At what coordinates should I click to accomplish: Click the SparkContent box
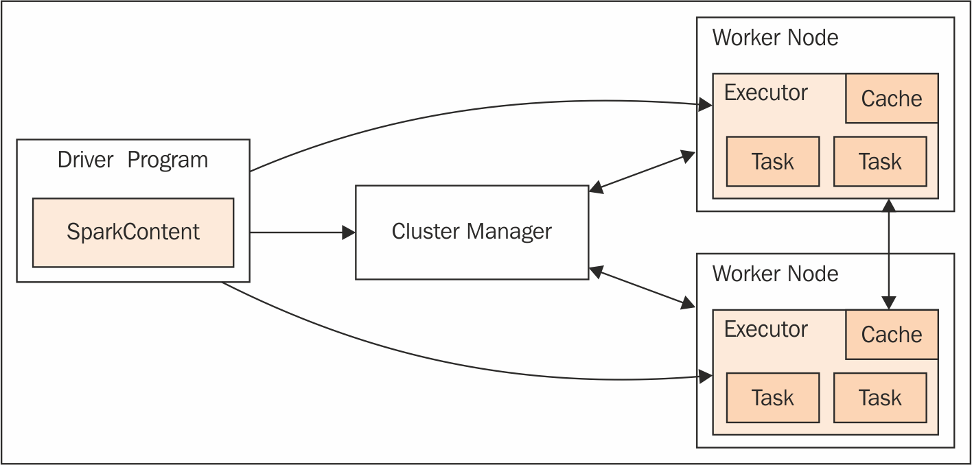click(x=133, y=232)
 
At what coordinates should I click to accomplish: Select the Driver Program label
click(x=132, y=160)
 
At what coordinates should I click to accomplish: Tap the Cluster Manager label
click(x=472, y=231)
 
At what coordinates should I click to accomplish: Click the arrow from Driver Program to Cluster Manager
click(x=303, y=232)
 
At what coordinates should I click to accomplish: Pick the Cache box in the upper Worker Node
click(x=892, y=98)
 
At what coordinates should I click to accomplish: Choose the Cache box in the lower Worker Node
click(x=892, y=335)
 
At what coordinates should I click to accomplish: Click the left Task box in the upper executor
click(x=773, y=162)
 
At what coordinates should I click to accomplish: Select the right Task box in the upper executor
click(x=880, y=162)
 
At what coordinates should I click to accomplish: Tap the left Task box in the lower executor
click(x=773, y=398)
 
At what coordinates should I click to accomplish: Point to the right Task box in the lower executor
click(x=880, y=398)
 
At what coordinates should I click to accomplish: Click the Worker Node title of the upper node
click(x=775, y=38)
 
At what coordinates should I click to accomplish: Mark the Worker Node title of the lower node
click(x=775, y=274)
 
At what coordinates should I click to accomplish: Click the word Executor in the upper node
click(x=766, y=93)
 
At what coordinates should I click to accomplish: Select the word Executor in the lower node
click(x=766, y=329)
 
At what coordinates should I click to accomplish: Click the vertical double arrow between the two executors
click(x=889, y=254)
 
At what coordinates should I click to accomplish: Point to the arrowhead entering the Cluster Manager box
click(x=349, y=232)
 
